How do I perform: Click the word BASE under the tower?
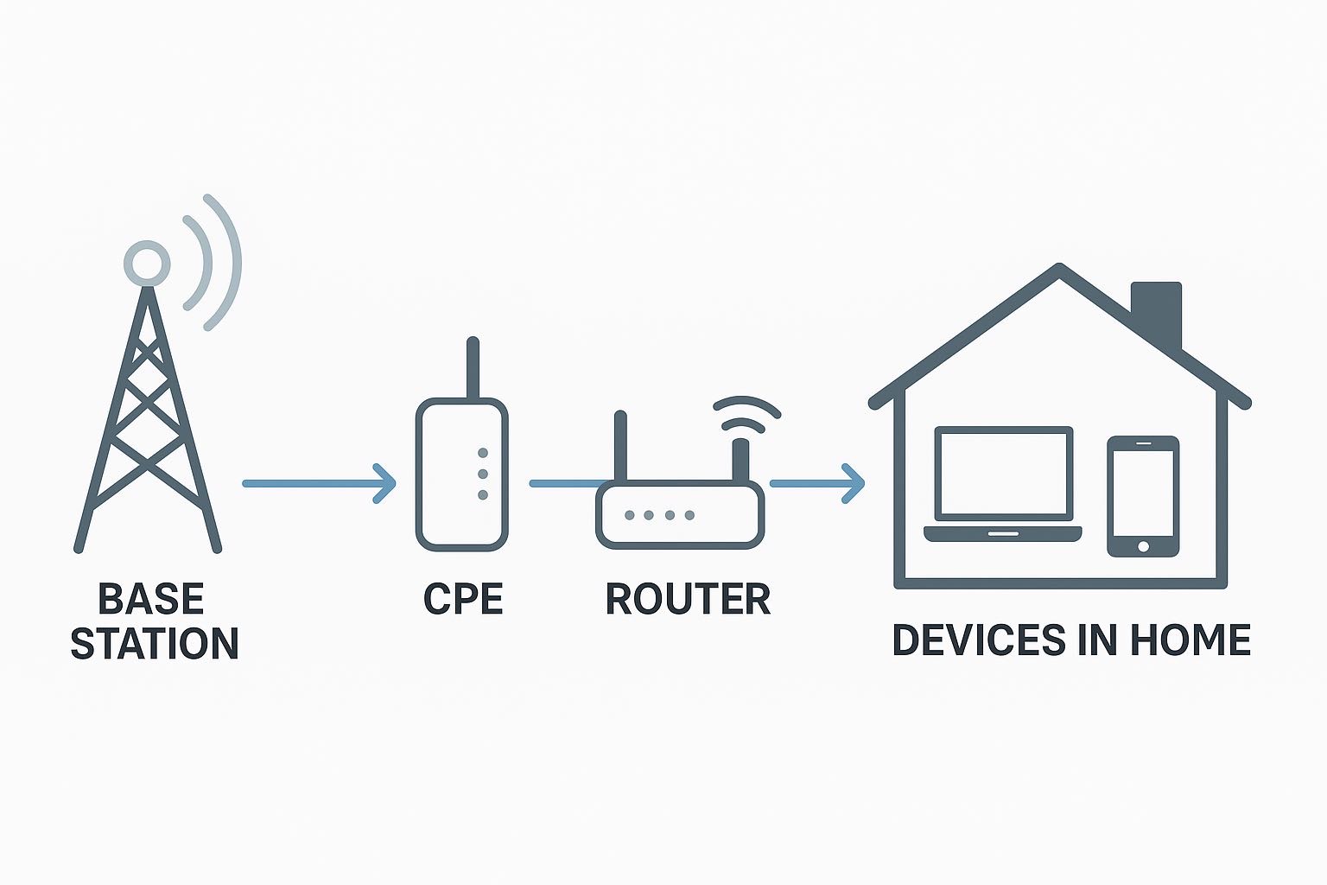point(150,599)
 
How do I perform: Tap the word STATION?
point(154,644)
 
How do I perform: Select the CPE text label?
point(463,599)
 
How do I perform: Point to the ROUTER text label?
point(688,599)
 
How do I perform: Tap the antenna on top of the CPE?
point(472,367)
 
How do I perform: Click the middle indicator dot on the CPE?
point(482,474)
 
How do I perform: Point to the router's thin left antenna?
point(619,445)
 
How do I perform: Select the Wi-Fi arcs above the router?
point(746,412)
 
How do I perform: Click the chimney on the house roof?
point(1157,311)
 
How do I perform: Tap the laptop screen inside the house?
point(1003,473)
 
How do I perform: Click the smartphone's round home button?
point(1143,546)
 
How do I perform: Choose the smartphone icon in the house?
point(1143,496)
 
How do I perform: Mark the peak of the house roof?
point(1059,269)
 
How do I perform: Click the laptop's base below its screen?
point(1003,533)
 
